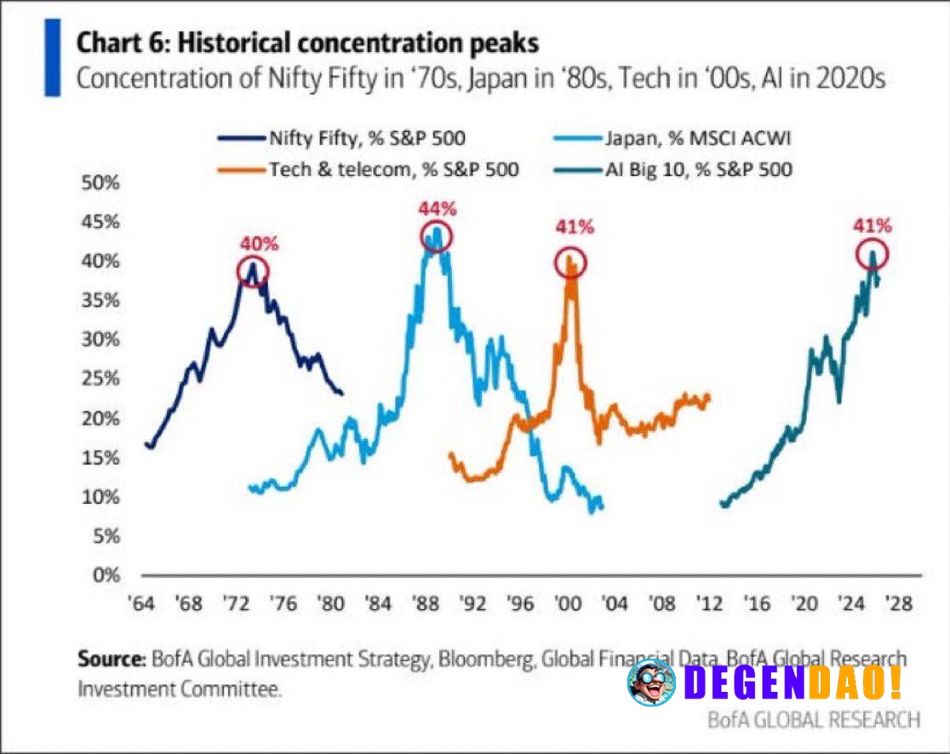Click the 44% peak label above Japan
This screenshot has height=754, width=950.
[x=437, y=208]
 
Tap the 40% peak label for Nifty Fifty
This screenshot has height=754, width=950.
[x=259, y=243]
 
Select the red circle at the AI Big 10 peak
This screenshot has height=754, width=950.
[x=872, y=254]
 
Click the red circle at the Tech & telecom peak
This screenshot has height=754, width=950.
[x=571, y=262]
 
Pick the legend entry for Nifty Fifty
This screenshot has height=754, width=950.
[x=341, y=138]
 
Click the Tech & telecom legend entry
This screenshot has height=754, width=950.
[x=366, y=169]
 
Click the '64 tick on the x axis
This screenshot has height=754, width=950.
[x=141, y=604]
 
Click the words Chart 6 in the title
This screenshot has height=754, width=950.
[x=115, y=43]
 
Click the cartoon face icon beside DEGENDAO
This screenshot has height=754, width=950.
[x=651, y=682]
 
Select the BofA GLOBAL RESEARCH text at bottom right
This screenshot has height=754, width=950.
[x=814, y=719]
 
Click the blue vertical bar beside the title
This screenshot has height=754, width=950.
[x=52, y=58]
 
